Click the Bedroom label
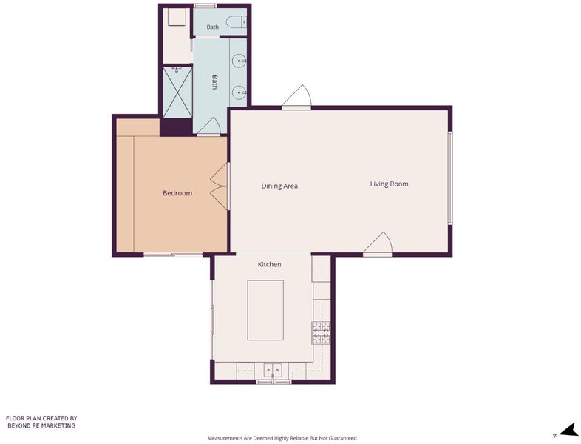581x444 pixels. point(177,193)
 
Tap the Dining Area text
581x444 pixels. point(279,186)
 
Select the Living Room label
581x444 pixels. point(389,184)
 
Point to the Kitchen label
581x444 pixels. point(269,264)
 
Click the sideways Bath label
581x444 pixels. point(214,82)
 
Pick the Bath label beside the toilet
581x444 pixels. point(213,27)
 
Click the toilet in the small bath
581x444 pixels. point(237,22)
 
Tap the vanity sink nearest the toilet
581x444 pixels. point(239,60)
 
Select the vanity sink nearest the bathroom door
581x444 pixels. point(239,92)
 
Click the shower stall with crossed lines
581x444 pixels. point(177,92)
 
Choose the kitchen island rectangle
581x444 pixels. point(265,310)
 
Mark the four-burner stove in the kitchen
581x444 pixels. point(322,333)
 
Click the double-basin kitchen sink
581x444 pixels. point(273,370)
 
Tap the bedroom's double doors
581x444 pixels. point(219,188)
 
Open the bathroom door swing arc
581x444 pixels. point(209,126)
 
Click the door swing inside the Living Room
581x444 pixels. point(378,243)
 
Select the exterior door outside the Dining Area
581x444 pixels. point(296,97)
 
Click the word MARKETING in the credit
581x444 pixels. point(58,425)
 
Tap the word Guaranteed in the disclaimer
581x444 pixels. point(344,438)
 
